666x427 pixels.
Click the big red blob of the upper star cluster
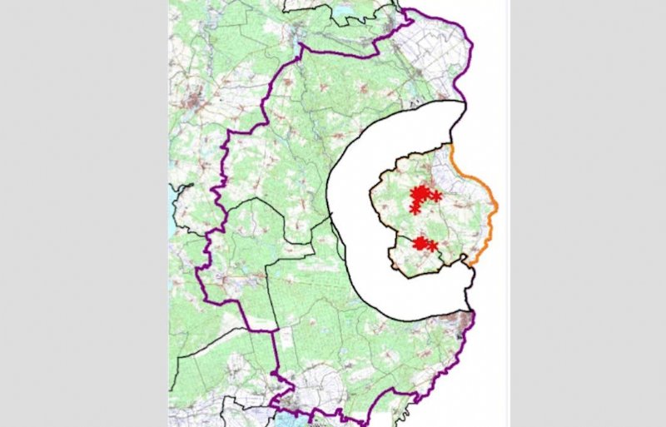point(421,195)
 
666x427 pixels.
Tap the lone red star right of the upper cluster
point(437,196)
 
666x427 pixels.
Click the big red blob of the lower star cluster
point(421,243)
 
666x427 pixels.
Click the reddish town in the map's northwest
point(196,103)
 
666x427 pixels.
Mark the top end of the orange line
point(450,146)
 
